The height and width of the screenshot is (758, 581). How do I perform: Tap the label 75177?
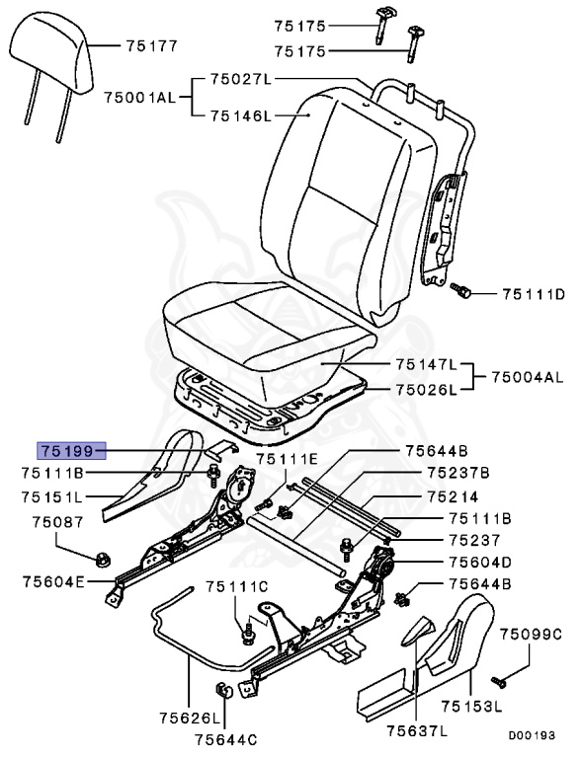[x=151, y=45]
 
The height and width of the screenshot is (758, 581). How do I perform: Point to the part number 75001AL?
[x=139, y=97]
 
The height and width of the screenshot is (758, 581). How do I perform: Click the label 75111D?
[x=533, y=293]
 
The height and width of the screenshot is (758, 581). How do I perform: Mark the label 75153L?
[x=471, y=707]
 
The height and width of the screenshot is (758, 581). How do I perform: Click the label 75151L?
[x=52, y=496]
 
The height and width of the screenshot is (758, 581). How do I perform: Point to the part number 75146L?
[x=239, y=115]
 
